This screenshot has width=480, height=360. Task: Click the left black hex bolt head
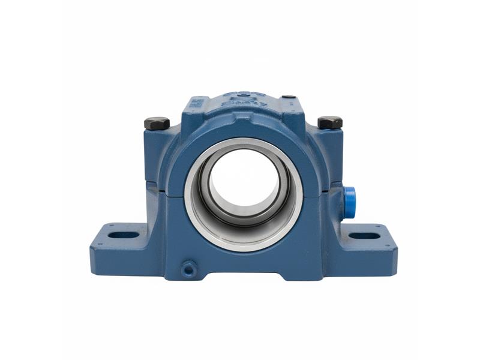point(157,123)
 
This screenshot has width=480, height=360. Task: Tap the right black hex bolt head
point(330,122)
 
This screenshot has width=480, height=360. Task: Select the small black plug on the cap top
point(288,97)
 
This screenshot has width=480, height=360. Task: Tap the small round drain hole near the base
point(188,268)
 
